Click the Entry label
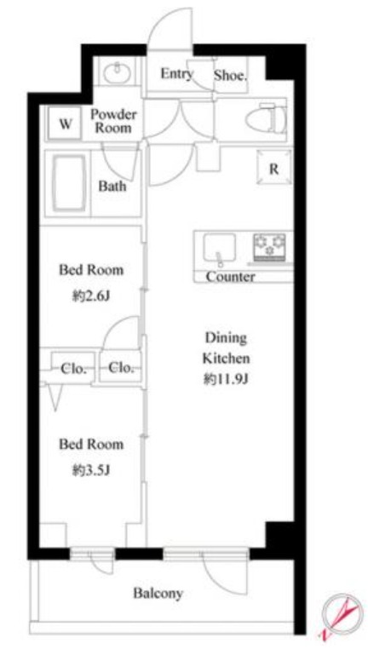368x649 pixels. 176,74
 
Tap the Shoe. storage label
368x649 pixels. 230,75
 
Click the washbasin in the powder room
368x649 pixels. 118,73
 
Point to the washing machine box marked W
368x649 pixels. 65,123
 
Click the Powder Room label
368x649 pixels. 113,121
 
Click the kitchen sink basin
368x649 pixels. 220,247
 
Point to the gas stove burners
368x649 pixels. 269,247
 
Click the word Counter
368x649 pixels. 230,277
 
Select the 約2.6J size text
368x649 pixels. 90,296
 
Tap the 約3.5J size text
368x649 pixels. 90,471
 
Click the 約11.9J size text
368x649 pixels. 225,380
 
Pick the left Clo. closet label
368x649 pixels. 73,368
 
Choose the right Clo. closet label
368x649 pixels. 121,367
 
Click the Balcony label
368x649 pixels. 158,594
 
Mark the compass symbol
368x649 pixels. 339,615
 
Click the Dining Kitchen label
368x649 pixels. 226,348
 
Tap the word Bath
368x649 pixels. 112,187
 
